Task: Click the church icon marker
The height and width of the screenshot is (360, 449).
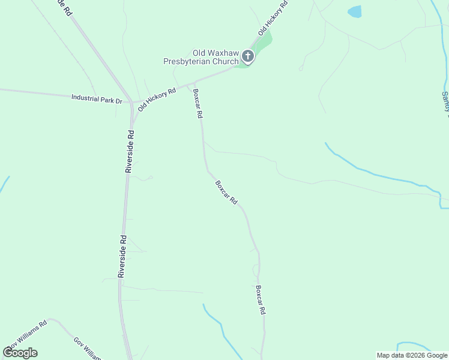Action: click(248, 57)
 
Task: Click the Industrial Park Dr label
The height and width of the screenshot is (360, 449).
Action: click(97, 98)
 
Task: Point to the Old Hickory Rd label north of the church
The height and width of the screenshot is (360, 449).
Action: click(273, 17)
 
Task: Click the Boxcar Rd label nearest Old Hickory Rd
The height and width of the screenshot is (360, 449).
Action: click(197, 103)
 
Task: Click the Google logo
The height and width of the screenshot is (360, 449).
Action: click(20, 352)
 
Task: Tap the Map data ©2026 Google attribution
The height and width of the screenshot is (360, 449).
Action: click(412, 355)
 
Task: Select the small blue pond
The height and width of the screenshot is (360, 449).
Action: click(355, 11)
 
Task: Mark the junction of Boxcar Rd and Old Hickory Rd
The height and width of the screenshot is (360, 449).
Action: click(193, 83)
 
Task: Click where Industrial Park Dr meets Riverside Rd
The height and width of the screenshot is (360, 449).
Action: click(132, 103)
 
